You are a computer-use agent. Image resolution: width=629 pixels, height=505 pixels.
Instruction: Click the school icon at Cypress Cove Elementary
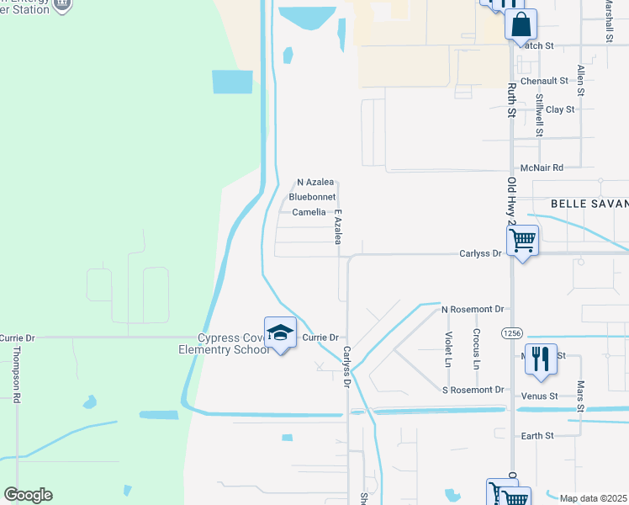[281, 332]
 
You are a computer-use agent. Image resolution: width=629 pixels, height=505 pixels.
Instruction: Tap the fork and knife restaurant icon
[541, 359]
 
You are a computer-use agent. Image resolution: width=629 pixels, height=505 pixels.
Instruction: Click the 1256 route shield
[510, 333]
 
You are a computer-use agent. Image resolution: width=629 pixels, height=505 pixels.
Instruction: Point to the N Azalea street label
[316, 182]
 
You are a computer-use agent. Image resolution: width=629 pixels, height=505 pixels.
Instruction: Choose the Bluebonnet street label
[312, 197]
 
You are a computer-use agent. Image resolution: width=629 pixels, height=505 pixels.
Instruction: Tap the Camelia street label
[309, 212]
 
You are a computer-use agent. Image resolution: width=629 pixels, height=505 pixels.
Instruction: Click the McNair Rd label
[542, 168]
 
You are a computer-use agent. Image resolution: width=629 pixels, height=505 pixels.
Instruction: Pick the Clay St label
[560, 109]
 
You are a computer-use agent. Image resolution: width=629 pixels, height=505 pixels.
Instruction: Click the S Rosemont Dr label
[473, 390]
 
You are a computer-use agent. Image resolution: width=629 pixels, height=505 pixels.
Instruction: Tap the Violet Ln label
[448, 348]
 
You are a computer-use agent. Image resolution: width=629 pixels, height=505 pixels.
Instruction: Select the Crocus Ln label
[477, 348]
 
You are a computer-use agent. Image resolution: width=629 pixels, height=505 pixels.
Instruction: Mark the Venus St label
[542, 396]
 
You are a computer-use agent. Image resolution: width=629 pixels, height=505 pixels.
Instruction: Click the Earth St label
[537, 435]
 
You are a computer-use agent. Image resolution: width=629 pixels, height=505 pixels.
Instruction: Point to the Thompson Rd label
[16, 382]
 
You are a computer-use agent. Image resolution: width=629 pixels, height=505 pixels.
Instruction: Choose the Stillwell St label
[539, 115]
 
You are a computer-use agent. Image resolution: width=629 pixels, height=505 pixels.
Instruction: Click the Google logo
[28, 495]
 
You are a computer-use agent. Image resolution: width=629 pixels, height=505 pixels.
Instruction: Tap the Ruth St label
[510, 99]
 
